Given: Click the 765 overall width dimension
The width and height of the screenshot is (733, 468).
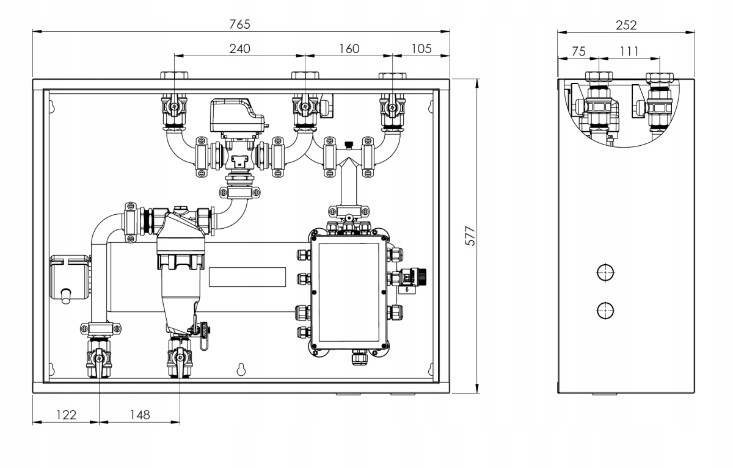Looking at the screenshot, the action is click(x=239, y=24).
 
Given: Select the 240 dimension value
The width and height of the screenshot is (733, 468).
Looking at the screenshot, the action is click(x=239, y=49).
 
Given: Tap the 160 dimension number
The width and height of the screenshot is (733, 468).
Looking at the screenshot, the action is click(x=349, y=49).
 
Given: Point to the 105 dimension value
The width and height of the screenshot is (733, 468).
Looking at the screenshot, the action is click(x=421, y=49).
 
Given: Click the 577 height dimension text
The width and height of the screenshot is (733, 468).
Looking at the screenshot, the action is click(x=470, y=236).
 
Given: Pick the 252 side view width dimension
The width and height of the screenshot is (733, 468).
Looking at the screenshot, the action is click(x=626, y=25).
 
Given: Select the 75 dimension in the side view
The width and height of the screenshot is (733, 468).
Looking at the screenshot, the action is click(x=578, y=51).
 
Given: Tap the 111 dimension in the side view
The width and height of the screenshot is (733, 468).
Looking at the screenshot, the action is click(x=629, y=51).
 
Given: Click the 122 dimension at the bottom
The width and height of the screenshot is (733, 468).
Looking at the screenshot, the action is click(x=66, y=415).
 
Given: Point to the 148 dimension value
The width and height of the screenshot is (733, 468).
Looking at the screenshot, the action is click(x=140, y=415).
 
